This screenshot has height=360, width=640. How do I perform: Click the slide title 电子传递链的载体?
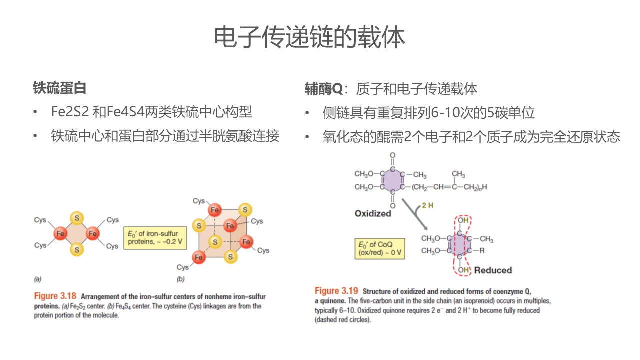(x=309, y=37)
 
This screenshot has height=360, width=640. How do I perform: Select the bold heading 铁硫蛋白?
(x=60, y=88)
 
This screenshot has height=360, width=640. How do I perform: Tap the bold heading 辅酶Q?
(x=324, y=89)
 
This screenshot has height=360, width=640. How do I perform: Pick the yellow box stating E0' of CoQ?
(x=379, y=248)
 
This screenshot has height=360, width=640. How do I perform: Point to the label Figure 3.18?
(x=55, y=296)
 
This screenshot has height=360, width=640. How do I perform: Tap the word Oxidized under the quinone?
(x=373, y=213)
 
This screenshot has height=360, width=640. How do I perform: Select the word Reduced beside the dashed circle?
(x=493, y=270)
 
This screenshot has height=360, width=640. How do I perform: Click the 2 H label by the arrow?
(x=427, y=205)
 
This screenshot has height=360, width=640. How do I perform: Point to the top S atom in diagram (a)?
(x=76, y=218)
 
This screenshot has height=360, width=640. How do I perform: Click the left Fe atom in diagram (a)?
(x=61, y=233)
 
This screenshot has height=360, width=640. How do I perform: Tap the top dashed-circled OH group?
(x=463, y=220)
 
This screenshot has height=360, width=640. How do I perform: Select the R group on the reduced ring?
(x=482, y=251)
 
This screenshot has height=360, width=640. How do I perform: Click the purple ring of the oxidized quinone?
(x=393, y=181)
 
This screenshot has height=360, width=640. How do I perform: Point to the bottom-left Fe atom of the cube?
(x=199, y=257)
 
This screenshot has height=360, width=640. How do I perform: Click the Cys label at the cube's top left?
(x=199, y=201)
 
